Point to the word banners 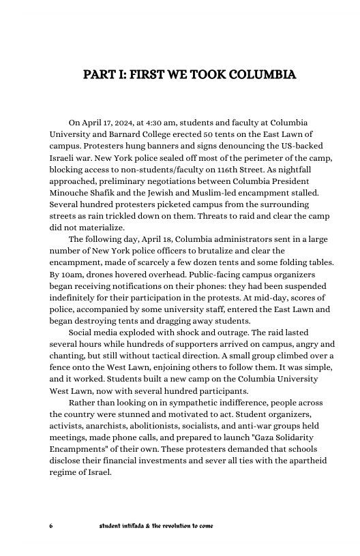(192, 146)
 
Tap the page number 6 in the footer (51, 527)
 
